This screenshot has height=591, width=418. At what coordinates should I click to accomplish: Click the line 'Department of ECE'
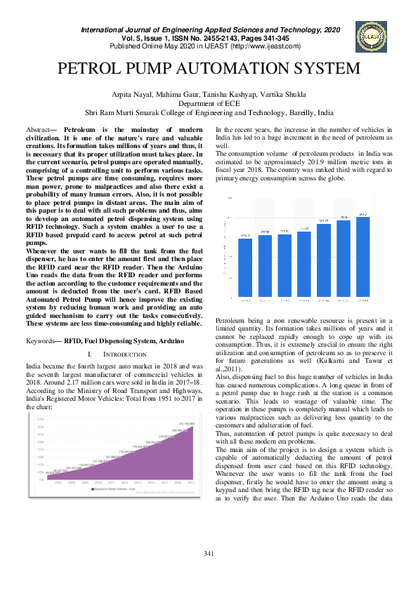tap(209, 103)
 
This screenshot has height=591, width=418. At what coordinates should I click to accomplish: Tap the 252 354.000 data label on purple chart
tap(186, 424)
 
